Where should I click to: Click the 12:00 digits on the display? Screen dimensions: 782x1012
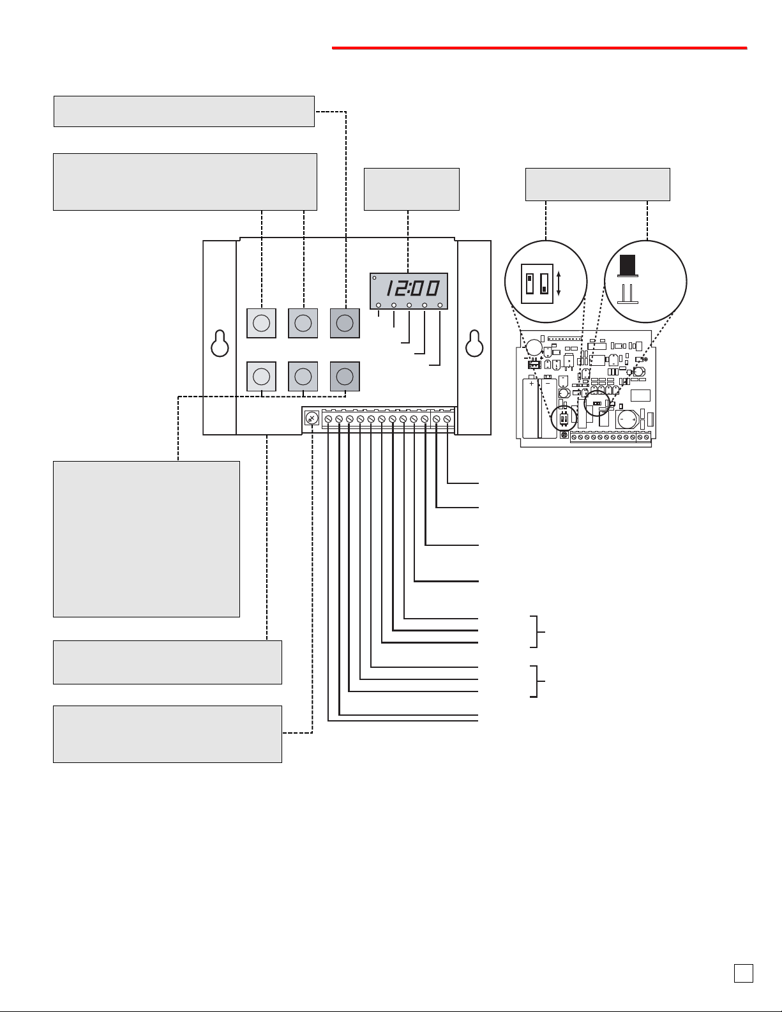(412, 288)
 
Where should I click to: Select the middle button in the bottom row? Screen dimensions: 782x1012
(303, 376)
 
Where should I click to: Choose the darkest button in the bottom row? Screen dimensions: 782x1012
(345, 376)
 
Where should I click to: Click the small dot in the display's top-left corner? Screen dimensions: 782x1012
(374, 278)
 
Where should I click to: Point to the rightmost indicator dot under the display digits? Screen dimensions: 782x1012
(440, 305)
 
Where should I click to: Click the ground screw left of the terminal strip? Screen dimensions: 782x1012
(312, 418)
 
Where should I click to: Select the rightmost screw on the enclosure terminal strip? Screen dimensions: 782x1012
(447, 419)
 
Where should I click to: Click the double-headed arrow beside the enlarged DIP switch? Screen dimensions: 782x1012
(559, 283)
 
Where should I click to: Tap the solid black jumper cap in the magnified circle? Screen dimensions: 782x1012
(628, 265)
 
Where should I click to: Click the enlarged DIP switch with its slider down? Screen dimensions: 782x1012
(544, 283)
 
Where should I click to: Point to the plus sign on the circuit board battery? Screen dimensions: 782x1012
(532, 384)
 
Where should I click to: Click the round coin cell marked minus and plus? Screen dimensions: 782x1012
(627, 419)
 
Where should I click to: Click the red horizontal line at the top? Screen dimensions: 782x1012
(539, 47)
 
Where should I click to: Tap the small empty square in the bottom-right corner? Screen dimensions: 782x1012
(743, 973)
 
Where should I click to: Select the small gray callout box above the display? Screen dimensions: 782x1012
(412, 189)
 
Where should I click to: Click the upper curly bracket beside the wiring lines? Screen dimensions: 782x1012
(537, 631)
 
